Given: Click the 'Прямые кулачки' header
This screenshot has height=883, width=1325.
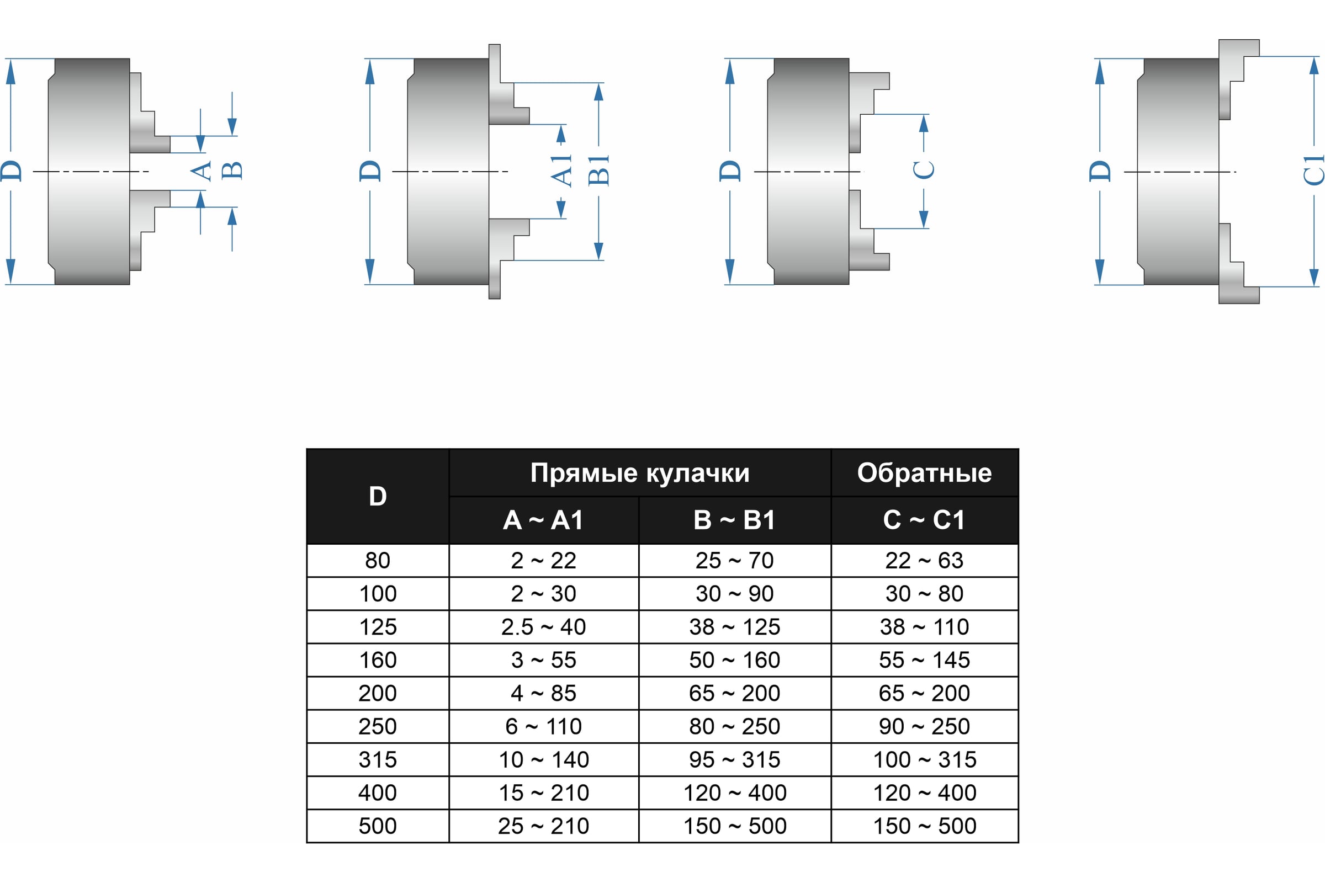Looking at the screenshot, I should click(x=639, y=473).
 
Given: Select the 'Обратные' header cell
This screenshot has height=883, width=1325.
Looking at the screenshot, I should click(x=924, y=473).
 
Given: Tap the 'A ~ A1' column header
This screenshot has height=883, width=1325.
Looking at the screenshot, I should click(x=543, y=520).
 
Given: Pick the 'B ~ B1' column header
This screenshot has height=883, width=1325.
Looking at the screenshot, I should click(x=734, y=520).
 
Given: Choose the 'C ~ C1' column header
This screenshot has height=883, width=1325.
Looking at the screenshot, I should click(x=924, y=520).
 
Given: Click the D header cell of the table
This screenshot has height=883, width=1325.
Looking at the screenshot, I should click(x=378, y=497).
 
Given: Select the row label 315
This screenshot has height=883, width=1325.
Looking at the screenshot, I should click(x=378, y=760).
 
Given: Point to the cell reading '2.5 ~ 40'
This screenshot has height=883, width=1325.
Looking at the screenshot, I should click(x=543, y=627).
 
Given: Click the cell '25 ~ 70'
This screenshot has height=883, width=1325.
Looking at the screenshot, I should click(x=734, y=560).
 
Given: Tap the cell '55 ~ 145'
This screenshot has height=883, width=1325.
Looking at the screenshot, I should click(x=924, y=660).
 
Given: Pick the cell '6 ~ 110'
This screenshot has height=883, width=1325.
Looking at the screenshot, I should click(x=543, y=726).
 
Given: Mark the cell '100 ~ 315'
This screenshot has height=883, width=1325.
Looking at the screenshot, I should click(x=924, y=760).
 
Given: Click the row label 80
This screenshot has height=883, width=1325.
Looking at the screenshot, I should click(x=378, y=560).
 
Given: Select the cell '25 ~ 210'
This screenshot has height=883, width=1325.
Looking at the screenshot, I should click(x=543, y=826).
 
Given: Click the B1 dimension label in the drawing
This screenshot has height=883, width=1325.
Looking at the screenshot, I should click(x=598, y=170).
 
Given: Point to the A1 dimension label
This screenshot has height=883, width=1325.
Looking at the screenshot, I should click(x=561, y=171).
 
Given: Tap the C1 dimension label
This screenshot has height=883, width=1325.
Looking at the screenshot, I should click(x=1314, y=170).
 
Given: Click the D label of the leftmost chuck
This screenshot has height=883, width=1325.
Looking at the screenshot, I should click(x=11, y=171).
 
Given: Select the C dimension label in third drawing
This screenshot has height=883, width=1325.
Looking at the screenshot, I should click(x=923, y=170).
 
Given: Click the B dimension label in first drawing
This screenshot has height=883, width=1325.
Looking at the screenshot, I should click(x=231, y=171).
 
